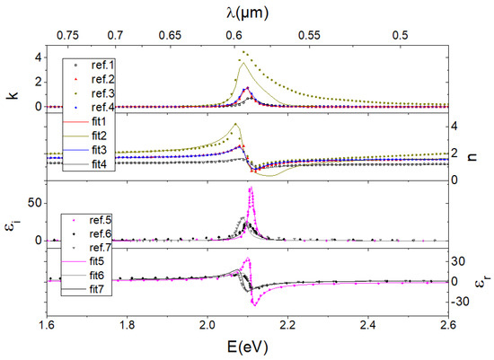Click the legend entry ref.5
(x=92, y=220)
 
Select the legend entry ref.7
(x=92, y=247)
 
